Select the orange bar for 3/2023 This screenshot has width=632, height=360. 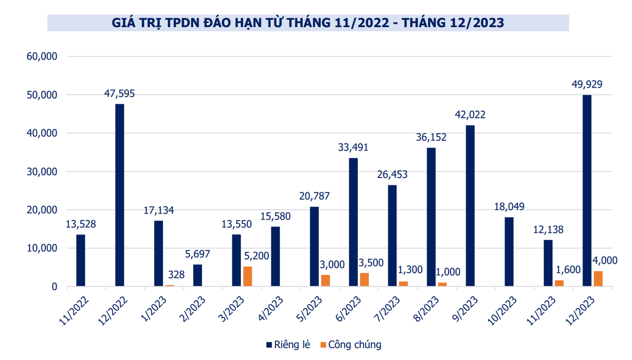[x=248, y=276]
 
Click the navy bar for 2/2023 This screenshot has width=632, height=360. [x=198, y=275]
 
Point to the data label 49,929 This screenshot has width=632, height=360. [x=587, y=84]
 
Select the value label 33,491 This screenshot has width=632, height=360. [x=353, y=147]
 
